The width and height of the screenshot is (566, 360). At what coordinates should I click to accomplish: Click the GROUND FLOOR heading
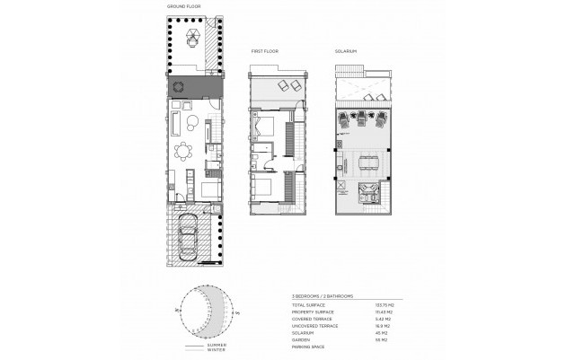coord(184,7)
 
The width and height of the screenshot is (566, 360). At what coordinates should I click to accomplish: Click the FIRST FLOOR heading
coord(264,52)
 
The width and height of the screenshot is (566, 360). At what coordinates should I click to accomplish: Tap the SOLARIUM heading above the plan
coord(347,52)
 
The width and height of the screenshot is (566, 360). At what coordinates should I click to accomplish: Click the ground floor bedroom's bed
coord(209,189)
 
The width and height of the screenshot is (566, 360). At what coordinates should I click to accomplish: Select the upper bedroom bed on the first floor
coord(267,126)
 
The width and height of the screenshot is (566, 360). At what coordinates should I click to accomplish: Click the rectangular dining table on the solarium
coord(367,160)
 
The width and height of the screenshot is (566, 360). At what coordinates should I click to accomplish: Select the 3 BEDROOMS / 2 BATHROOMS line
coord(323,295)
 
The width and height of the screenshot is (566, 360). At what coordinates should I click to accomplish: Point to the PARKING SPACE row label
coord(311,347)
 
